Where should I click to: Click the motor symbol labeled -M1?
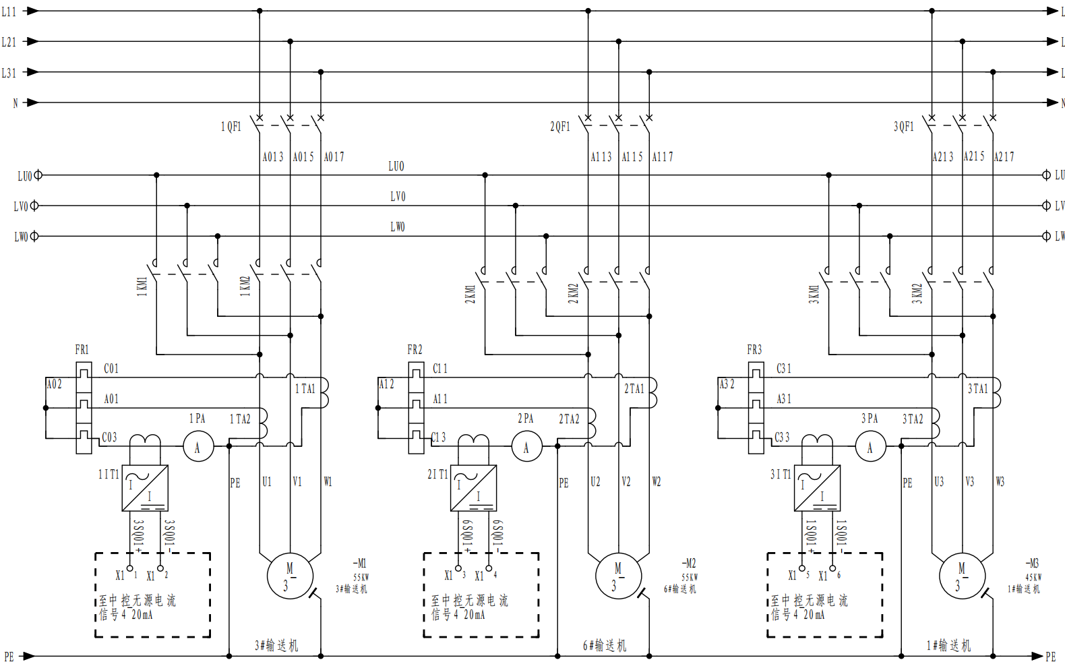tap(290, 576)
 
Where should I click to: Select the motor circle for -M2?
tap(618, 576)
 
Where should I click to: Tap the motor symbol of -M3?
tap(962, 576)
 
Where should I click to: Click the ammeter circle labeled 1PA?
tap(198, 447)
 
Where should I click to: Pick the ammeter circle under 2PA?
tap(526, 447)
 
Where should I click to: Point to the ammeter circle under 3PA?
tap(870, 447)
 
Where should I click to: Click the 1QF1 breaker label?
tap(231, 127)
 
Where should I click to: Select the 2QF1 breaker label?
tap(560, 127)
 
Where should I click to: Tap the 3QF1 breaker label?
tap(904, 127)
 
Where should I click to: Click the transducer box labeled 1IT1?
tap(145, 487)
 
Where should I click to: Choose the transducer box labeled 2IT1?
tap(473, 487)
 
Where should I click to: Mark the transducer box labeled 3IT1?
tap(817, 487)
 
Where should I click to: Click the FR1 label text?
tap(82, 350)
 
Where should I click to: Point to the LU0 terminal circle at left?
tap(38, 175)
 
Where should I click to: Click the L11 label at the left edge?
tap(9, 11)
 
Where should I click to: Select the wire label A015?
tap(303, 157)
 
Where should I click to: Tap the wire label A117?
tap(663, 157)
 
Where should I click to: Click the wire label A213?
tap(943, 157)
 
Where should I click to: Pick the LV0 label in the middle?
tap(398, 197)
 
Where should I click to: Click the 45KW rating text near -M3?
tap(1033, 578)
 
